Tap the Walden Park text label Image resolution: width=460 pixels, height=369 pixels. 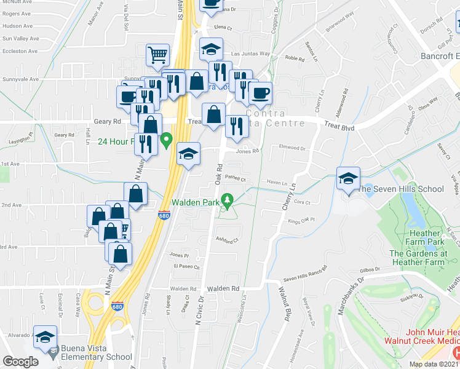(x=196, y=202)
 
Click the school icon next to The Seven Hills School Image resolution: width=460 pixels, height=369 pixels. (x=348, y=180)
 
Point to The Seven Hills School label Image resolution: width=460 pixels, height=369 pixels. (x=400, y=189)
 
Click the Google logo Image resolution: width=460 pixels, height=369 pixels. (x=20, y=362)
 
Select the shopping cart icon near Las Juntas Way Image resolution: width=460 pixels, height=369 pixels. (x=158, y=55)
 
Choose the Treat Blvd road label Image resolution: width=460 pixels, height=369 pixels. (x=339, y=125)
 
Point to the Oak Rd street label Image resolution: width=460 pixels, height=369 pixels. (x=219, y=173)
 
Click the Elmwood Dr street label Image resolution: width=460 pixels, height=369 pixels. (x=292, y=148)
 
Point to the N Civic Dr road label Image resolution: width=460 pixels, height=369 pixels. (x=199, y=311)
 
